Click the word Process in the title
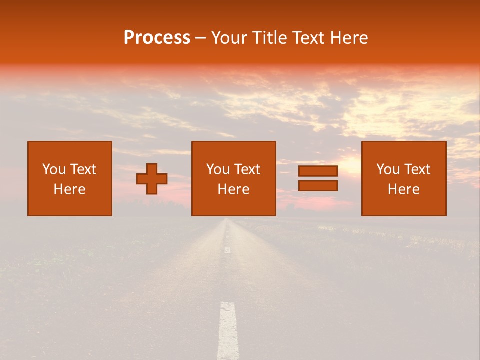157,38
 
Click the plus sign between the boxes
152,179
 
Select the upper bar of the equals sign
318,171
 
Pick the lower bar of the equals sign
318,186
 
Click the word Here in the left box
70,189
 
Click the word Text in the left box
83,169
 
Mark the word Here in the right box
404,189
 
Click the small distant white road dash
227,249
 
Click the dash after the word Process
201,38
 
